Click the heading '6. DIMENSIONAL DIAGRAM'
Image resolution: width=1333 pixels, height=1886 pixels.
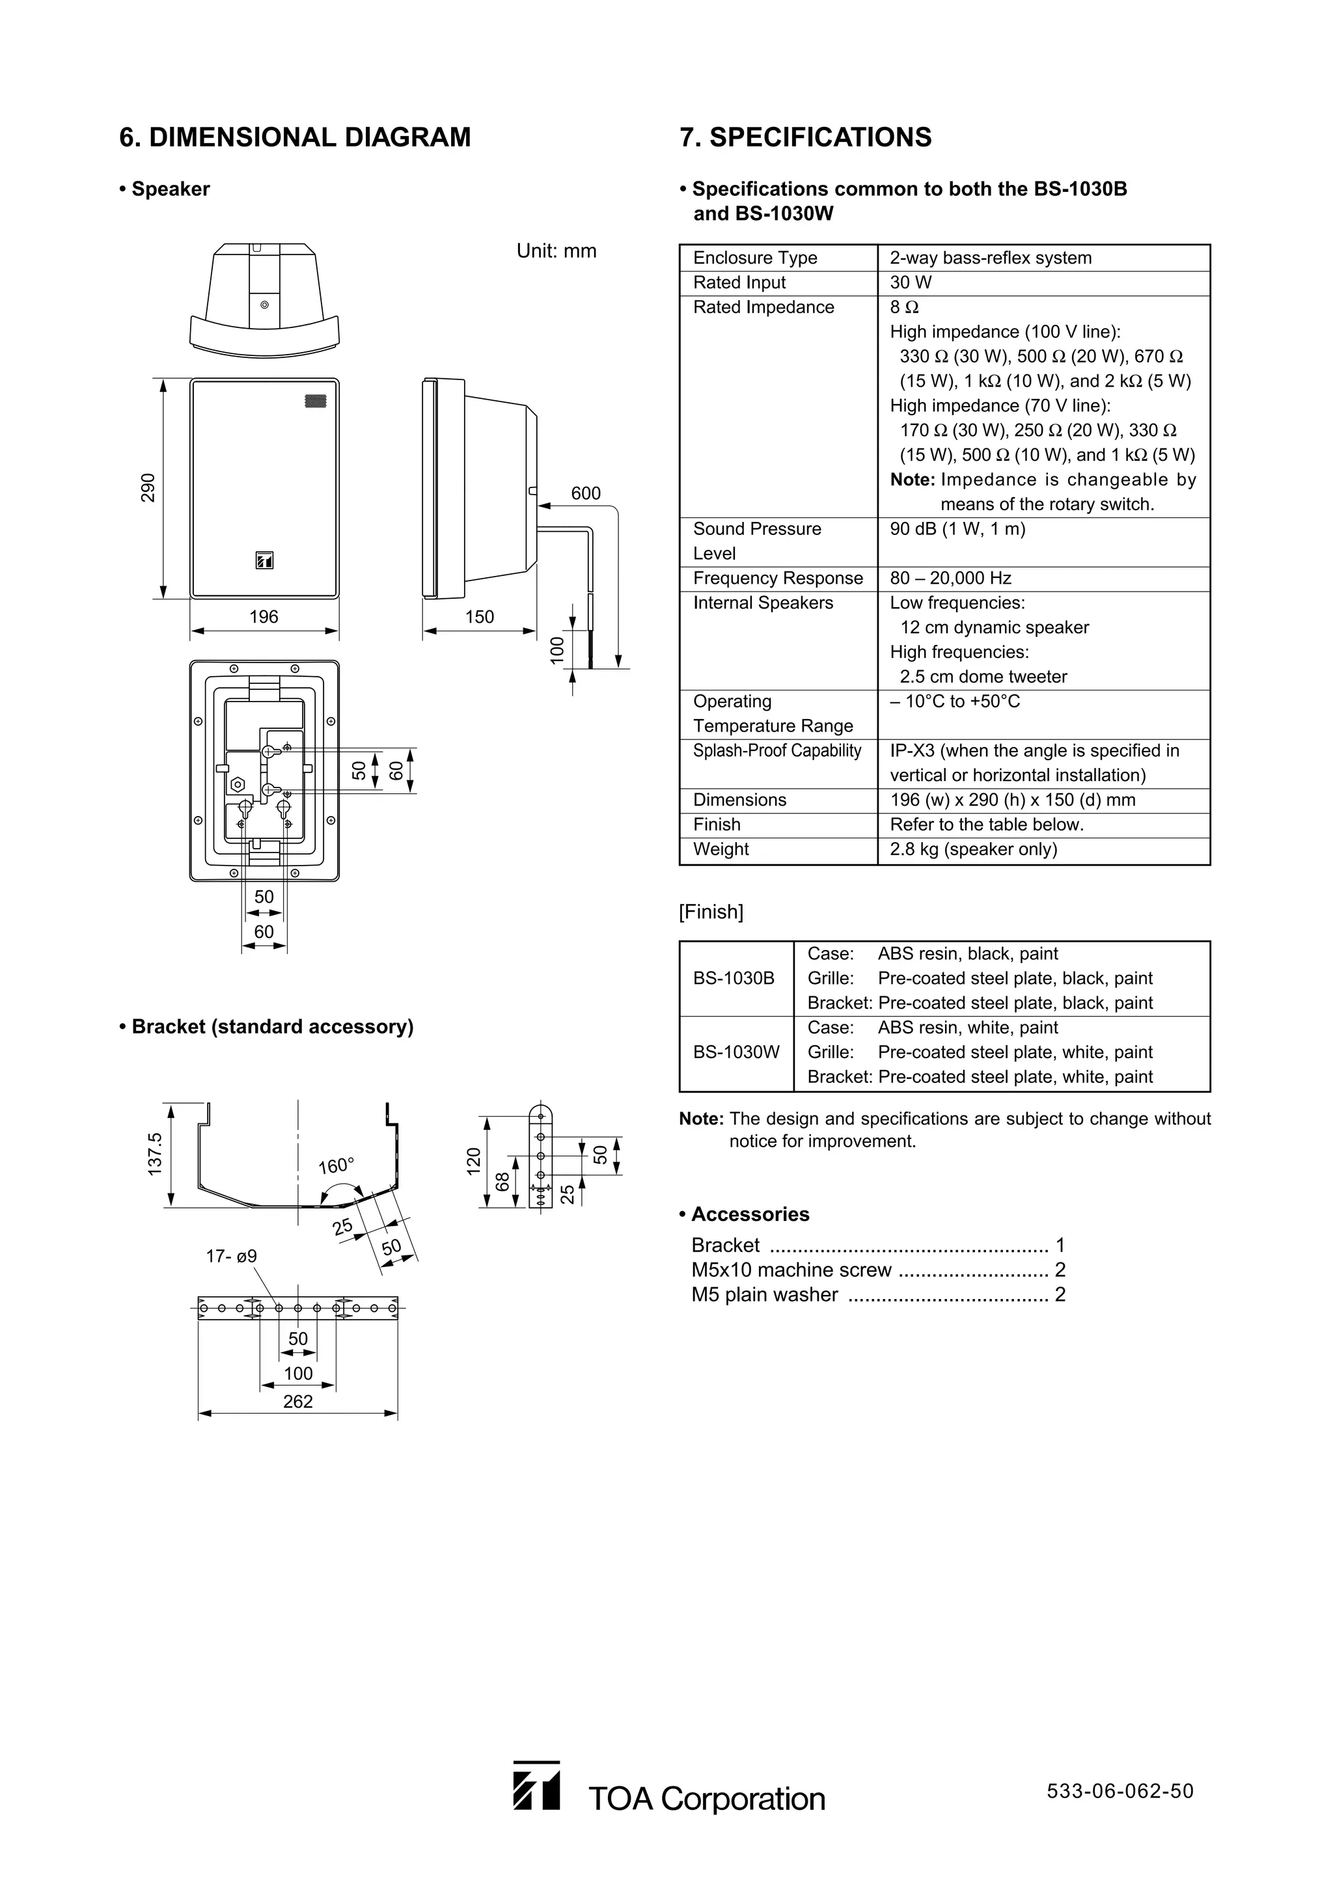[x=295, y=137]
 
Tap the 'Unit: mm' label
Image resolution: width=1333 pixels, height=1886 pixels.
[x=556, y=251]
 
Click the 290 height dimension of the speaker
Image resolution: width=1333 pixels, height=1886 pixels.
[x=148, y=488]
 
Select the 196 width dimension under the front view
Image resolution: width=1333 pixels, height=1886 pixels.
[x=264, y=617]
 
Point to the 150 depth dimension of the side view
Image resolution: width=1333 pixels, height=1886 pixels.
[x=480, y=617]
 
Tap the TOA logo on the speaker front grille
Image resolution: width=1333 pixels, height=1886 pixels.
[x=264, y=560]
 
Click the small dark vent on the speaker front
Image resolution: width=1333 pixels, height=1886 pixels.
[x=316, y=402]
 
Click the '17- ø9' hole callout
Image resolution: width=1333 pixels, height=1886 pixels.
[x=231, y=1256]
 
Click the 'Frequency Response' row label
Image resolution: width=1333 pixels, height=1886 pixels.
[x=777, y=579]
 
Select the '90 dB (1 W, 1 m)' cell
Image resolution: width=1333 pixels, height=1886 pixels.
[x=957, y=529]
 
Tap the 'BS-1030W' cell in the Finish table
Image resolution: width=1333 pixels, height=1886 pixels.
[x=735, y=1052]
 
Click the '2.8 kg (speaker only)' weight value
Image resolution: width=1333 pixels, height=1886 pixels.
[x=973, y=849]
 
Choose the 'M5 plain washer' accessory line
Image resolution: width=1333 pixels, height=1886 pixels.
[x=764, y=1295]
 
